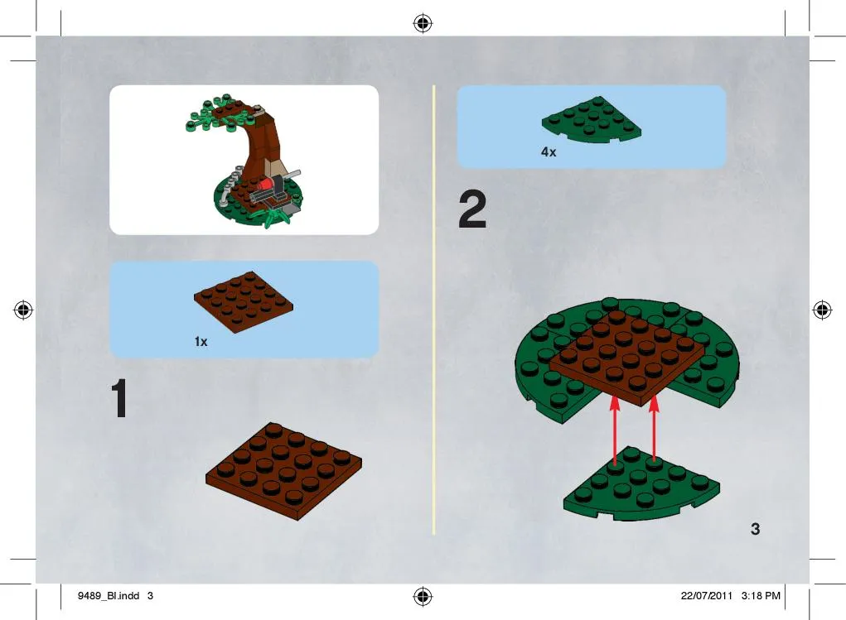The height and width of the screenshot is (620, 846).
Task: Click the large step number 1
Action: tap(119, 398)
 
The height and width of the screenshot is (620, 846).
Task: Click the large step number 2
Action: tap(472, 209)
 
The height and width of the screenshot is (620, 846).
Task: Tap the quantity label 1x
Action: tap(201, 341)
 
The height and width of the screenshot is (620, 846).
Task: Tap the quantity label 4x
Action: tap(549, 152)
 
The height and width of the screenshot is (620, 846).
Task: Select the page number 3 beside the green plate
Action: tap(756, 529)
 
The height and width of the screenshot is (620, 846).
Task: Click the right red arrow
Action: tap(654, 428)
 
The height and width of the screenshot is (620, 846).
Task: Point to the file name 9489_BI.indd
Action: tap(109, 596)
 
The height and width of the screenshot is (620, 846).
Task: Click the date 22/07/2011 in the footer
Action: tap(706, 596)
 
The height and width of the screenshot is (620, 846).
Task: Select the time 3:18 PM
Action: tap(761, 596)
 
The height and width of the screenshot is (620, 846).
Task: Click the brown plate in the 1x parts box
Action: tap(244, 302)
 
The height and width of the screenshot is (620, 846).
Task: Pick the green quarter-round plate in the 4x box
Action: tap(592, 120)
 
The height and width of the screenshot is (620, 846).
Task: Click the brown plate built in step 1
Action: tap(284, 470)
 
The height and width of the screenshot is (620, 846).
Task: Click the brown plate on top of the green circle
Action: tap(627, 358)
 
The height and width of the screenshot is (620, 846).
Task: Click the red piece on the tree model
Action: tap(265, 185)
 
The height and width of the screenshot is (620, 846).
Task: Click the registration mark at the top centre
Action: tap(423, 23)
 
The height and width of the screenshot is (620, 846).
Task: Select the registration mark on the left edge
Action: tap(23, 310)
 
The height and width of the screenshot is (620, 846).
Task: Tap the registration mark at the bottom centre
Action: tap(423, 596)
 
